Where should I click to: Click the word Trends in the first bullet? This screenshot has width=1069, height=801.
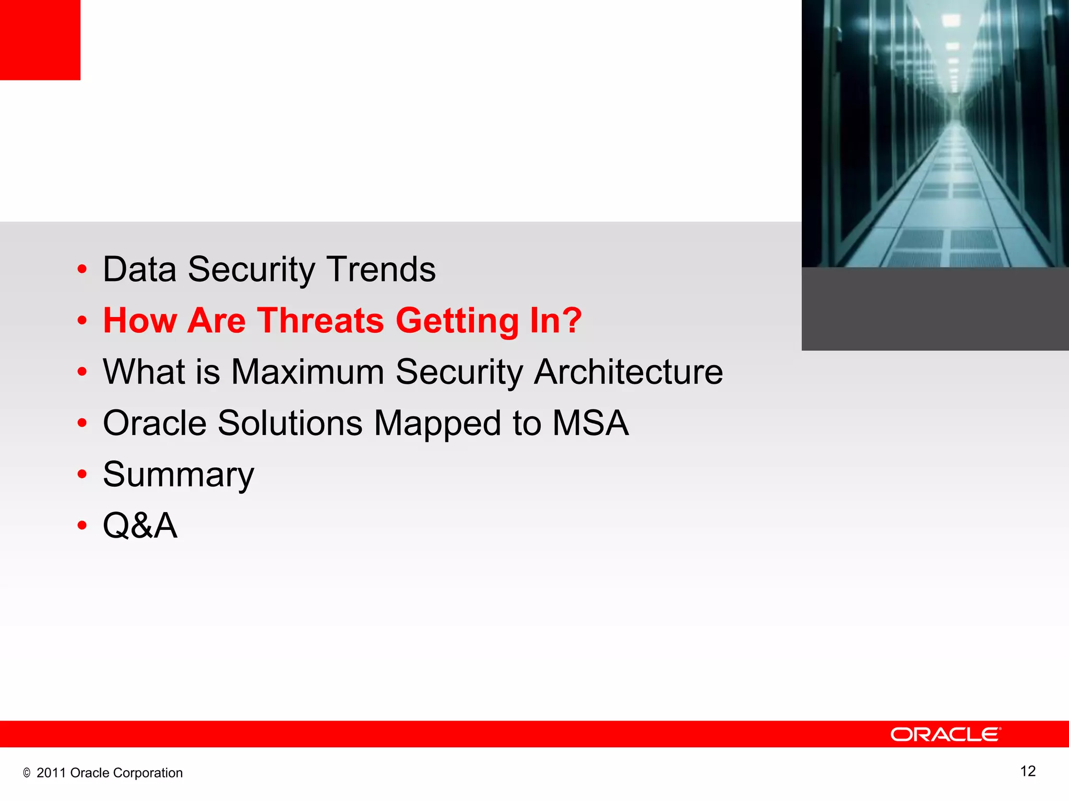coord(381,270)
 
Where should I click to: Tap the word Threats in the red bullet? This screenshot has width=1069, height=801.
coord(321,320)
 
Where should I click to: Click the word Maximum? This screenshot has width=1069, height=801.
coord(307,372)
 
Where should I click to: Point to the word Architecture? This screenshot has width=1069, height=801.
coord(628,372)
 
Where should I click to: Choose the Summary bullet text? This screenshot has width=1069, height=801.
coord(179,475)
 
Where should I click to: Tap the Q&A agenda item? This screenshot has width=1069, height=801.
coord(140,526)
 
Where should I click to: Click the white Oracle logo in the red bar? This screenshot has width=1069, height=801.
coord(945,734)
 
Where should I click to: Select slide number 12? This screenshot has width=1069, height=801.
coord(1027,771)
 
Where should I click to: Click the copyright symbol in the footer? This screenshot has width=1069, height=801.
coord(27,773)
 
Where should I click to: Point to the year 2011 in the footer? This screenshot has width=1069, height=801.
coord(51,773)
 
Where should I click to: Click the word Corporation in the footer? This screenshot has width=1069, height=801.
coord(148,773)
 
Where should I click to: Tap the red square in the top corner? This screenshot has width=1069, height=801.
coord(40,40)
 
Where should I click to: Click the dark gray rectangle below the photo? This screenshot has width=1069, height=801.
coord(935,309)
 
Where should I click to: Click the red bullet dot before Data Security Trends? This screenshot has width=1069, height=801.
coord(82,270)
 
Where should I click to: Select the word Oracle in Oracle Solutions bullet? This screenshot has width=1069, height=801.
coord(155,423)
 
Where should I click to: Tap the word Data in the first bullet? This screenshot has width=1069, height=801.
coord(139,270)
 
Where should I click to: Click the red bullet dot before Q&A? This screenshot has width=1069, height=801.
coord(82,526)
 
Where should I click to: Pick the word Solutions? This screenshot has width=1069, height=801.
coord(290,423)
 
